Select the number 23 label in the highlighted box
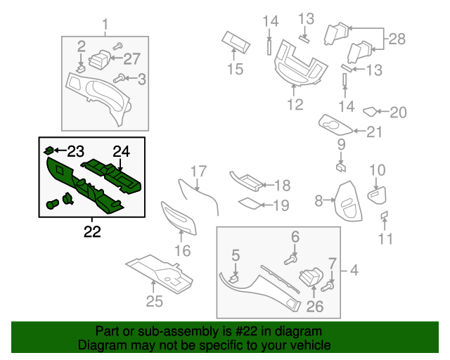pyautogui.click(x=75, y=150)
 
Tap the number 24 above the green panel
pyautogui.click(x=122, y=151)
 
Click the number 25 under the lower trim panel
pyautogui.click(x=154, y=302)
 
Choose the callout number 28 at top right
pyautogui.click(x=397, y=39)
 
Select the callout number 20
pyautogui.click(x=399, y=112)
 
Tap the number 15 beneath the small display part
pyautogui.click(x=234, y=69)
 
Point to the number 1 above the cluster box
pyautogui.click(x=106, y=27)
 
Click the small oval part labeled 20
pyautogui.click(x=371, y=111)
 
